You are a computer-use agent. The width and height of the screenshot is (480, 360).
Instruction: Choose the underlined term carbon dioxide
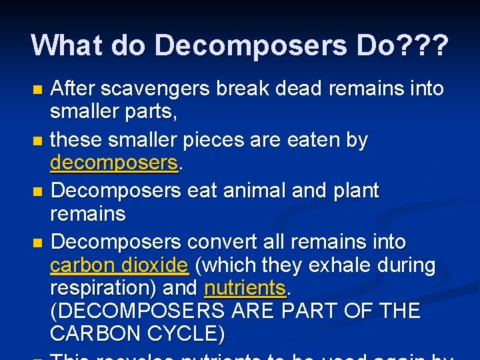[x=119, y=265]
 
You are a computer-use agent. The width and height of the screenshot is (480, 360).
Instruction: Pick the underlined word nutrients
[x=245, y=289]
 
